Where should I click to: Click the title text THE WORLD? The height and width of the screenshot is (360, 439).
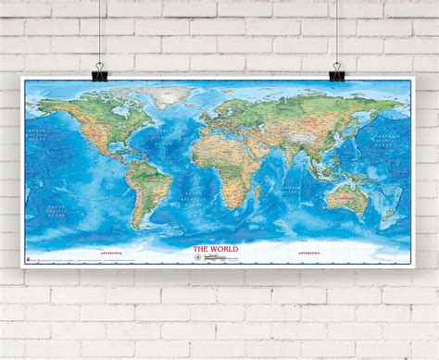pos(214,249)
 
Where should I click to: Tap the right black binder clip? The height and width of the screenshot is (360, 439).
pos(336,70)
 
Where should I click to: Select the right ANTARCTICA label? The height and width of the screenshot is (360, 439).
pos(307,251)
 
